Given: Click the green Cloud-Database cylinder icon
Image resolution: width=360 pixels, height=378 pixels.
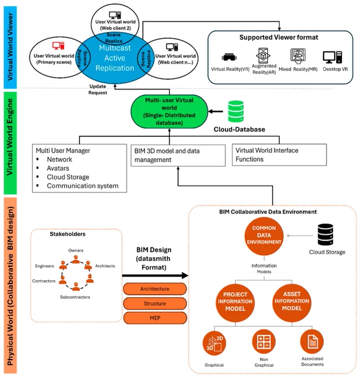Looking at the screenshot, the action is (236, 111).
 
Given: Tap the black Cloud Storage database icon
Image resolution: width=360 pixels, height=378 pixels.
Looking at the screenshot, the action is (326, 235).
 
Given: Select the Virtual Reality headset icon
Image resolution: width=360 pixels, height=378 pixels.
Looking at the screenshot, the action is (229, 57).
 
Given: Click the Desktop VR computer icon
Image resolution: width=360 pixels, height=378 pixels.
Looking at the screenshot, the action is (333, 57).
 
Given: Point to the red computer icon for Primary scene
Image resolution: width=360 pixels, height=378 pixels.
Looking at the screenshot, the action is (58, 46).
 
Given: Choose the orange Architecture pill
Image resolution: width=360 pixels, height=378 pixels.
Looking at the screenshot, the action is (155, 289).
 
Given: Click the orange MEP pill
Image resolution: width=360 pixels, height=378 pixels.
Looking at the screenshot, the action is (155, 318).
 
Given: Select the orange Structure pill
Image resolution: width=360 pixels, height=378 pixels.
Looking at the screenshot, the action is (155, 304).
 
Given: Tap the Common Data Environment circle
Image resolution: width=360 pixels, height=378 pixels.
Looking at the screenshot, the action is (264, 236).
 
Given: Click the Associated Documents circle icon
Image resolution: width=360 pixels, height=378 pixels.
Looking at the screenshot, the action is (312, 342).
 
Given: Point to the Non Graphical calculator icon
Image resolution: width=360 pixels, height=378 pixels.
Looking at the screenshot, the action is (264, 342).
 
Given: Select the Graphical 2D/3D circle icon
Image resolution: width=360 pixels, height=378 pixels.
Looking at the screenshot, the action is (214, 343).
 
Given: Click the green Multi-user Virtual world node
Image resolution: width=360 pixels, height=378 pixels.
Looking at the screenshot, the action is (169, 111).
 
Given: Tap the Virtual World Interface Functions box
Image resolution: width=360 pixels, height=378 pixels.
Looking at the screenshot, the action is (279, 155).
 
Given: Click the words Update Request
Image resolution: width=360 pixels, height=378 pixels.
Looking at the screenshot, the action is (98, 89).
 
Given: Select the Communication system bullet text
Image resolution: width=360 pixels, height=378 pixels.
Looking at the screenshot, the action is (83, 186).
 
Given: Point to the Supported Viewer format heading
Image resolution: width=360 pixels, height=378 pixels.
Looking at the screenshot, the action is (279, 37).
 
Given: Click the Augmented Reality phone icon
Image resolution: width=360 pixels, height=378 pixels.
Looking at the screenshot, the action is (263, 56).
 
